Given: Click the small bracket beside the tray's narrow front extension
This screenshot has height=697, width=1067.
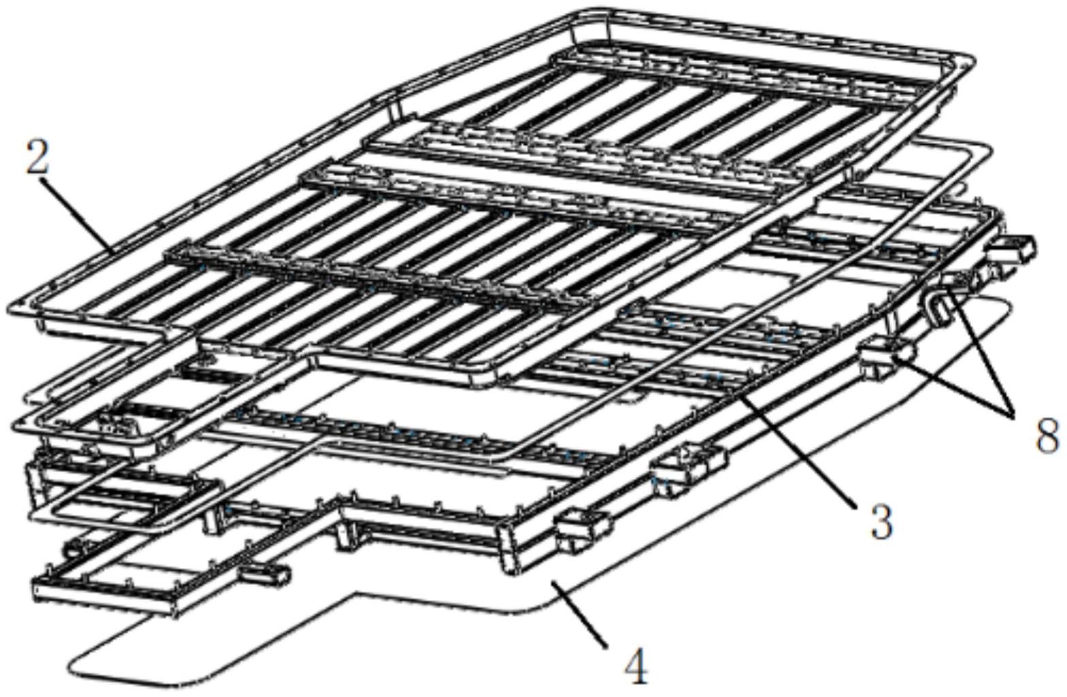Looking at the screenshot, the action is [264, 574].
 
